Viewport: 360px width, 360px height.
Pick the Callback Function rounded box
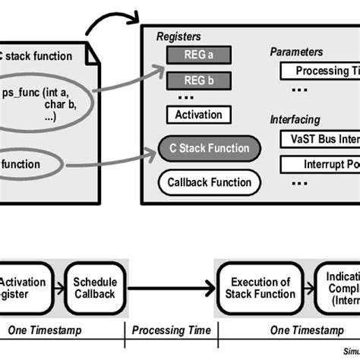tap(209, 182)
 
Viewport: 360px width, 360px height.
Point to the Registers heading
tap(180, 36)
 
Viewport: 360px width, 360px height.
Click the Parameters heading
tap(296, 52)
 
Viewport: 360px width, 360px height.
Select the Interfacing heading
tap(295, 120)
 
